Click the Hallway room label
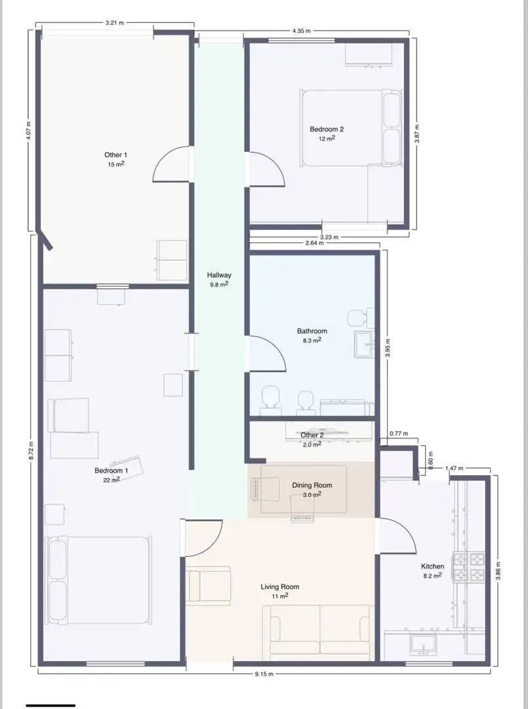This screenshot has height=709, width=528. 219,275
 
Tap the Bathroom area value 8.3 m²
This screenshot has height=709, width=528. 312,340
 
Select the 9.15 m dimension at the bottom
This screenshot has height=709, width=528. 264,674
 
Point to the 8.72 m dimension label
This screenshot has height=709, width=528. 31,450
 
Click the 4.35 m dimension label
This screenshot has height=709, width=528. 301,31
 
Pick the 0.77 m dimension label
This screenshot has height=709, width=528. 399,434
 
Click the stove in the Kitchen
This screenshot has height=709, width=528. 469,567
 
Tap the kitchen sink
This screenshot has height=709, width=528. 423,645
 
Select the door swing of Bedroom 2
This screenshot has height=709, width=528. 266,169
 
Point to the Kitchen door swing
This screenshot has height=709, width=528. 397,536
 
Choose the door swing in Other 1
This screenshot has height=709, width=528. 171,164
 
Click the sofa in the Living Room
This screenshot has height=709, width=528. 320,630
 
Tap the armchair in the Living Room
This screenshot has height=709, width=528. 208,586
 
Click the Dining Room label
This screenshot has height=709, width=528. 312,485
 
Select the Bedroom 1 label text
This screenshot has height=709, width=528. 111,471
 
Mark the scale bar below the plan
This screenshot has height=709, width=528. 51,705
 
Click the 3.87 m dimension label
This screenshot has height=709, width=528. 417,134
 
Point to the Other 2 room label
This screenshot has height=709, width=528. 312,435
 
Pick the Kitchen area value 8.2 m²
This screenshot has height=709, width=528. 432,576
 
